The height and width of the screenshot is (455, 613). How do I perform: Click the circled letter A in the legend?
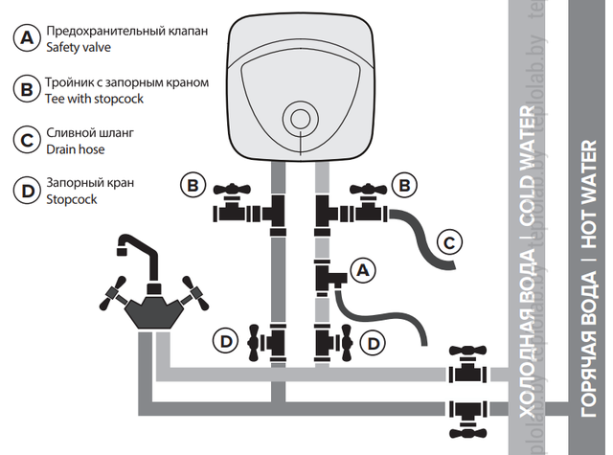pos(26,38)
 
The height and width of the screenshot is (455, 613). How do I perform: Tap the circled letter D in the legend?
pos(26,189)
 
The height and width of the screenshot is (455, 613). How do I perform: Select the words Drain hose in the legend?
pos(76,148)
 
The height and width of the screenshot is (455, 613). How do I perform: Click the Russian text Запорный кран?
pos(90,182)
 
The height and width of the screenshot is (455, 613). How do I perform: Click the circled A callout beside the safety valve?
pos(361,271)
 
